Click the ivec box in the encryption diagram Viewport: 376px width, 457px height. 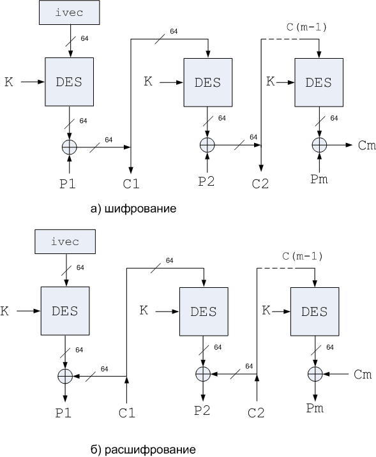(70, 12)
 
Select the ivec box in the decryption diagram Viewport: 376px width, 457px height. (65, 242)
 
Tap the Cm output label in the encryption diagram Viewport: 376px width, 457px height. (366, 145)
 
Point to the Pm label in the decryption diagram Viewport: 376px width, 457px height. (315, 408)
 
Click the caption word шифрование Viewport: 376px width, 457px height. (140, 209)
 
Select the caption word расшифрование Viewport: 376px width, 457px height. (150, 450)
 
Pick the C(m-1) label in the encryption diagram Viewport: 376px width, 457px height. (306, 27)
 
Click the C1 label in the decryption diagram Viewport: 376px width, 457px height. (127, 413)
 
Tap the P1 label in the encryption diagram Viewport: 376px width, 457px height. (68, 184)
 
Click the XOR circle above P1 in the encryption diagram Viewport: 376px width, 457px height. (70, 147)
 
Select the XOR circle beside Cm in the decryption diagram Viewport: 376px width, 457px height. (315, 374)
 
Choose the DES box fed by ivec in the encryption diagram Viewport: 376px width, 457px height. (70, 82)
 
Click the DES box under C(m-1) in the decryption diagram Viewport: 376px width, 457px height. (315, 311)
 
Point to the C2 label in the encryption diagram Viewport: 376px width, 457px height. (260, 184)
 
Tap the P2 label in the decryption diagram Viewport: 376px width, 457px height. (202, 410)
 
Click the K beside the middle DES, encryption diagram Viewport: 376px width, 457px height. (148, 81)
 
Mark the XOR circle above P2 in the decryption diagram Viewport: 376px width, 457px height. (203, 374)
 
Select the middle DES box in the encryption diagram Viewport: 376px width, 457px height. (208, 82)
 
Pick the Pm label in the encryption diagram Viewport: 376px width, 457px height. (319, 179)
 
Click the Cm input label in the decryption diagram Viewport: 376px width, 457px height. (363, 375)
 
